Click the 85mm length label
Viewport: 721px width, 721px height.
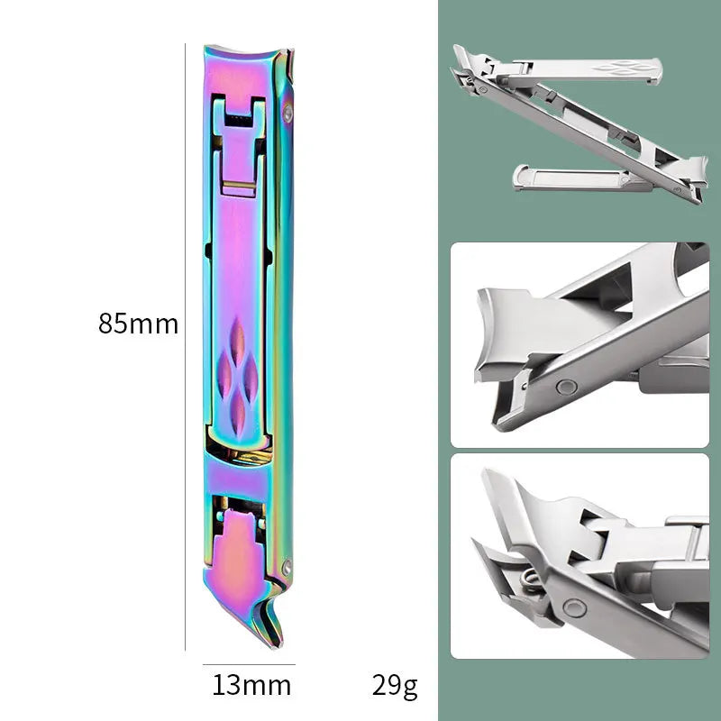point(138,324)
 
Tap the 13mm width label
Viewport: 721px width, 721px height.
point(251,685)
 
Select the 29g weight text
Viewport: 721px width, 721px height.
point(395,686)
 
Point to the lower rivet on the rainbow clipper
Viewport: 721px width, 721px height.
point(287,566)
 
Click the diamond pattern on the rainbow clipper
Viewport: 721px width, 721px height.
point(237,376)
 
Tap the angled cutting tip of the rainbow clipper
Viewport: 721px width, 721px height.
point(271,630)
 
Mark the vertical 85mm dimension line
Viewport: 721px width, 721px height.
point(186,347)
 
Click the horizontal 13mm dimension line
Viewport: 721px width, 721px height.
point(249,664)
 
